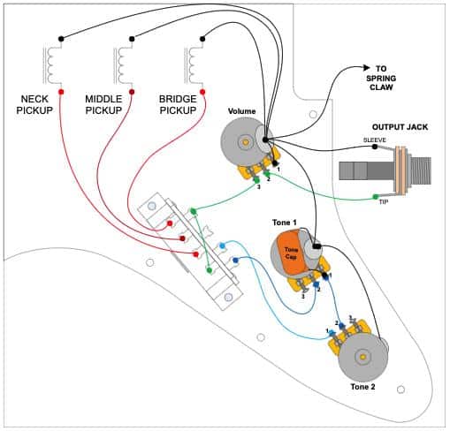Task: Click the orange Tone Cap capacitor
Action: tap(290, 250)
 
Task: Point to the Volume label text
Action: tap(241, 111)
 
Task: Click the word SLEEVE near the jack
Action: tap(374, 140)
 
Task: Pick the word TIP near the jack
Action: tap(384, 202)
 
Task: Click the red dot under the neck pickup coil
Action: tap(60, 92)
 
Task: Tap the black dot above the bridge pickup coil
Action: tap(202, 39)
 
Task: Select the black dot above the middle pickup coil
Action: tap(132, 39)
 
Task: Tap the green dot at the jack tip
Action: tap(374, 196)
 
